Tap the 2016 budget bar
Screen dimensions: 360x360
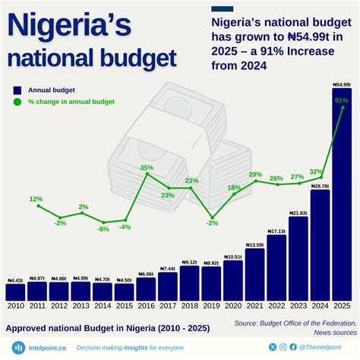click(146, 289)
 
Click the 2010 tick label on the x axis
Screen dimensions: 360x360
click(15, 306)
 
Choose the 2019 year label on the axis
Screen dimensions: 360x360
click(211, 306)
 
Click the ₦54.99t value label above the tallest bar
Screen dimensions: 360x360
click(342, 84)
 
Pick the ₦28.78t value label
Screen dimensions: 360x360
click(320, 186)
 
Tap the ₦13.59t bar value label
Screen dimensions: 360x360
click(254, 245)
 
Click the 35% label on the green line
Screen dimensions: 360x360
click(147, 167)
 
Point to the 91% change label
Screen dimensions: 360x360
click(341, 100)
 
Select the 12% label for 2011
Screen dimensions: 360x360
click(36, 199)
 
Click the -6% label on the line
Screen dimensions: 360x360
click(103, 229)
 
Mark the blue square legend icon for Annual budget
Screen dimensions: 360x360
click(17, 90)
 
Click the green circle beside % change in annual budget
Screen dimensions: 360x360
click(17, 102)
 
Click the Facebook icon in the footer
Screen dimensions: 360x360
click(294, 347)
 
